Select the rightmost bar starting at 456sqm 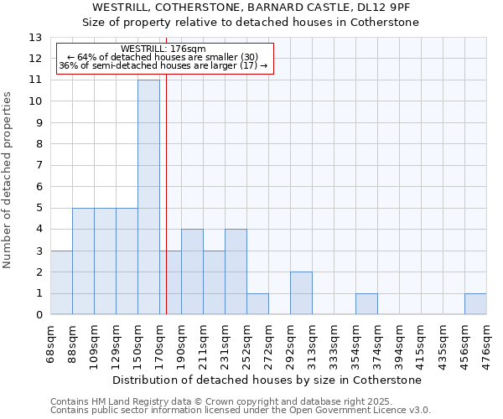tap(475, 304)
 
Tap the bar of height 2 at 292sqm tap(301, 293)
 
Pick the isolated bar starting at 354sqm tap(366, 304)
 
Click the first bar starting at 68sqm tap(61, 282)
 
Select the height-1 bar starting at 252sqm tap(257, 304)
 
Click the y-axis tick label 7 tap(39, 166)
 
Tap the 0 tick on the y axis tap(39, 315)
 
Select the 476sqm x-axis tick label tap(486, 344)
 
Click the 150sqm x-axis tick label tap(137, 344)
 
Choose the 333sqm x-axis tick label tap(334, 344)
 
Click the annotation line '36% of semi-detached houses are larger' tap(163, 66)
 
